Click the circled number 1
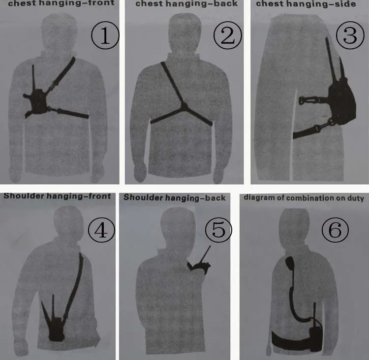[105, 35]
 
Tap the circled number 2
[228, 35]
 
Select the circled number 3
[350, 35]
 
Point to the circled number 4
[101, 230]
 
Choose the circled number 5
[218, 230]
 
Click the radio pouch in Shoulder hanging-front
[56, 329]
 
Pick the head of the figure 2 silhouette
[185, 33]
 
